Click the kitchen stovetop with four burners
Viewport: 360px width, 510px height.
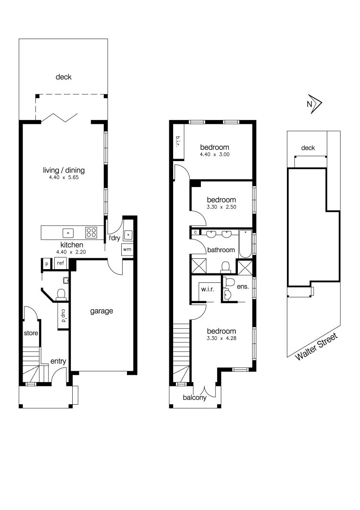[x=91, y=232]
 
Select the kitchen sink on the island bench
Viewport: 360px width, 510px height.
[x=68, y=232]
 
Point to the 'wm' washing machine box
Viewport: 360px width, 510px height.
[x=127, y=249]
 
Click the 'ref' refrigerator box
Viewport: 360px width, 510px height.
[x=60, y=263]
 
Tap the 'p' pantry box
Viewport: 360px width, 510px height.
[x=47, y=263]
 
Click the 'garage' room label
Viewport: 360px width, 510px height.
[x=101, y=311]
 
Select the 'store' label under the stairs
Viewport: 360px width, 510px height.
[x=31, y=333]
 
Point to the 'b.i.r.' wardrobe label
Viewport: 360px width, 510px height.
[x=178, y=141]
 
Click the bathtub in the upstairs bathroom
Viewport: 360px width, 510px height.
[x=245, y=244]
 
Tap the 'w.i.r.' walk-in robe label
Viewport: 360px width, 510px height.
[x=207, y=289]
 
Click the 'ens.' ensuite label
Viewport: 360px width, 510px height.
[x=242, y=286]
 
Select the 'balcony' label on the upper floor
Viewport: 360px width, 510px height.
[x=195, y=398]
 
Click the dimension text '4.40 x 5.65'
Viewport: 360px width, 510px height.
[x=63, y=178]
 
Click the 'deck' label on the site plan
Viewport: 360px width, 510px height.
[x=308, y=148]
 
